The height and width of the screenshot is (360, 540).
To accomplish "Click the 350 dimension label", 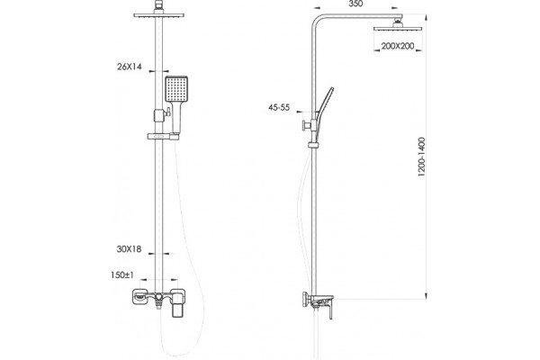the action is (355, 4).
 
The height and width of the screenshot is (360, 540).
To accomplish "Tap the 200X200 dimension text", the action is (398, 46).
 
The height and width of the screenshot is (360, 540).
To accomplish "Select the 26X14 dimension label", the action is (130, 67).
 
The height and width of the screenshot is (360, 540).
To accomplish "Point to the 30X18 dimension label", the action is (129, 248).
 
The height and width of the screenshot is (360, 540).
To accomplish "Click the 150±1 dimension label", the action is (122, 274).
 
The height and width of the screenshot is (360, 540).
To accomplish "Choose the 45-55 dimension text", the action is (279, 107).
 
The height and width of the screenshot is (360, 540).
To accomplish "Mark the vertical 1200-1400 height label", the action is (422, 157).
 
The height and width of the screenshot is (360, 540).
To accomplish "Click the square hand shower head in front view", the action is (176, 89).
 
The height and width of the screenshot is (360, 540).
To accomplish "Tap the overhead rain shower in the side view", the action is (398, 28).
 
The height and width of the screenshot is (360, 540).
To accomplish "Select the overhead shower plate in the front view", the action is (158, 15).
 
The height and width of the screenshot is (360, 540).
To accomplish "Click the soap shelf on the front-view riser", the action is (163, 137).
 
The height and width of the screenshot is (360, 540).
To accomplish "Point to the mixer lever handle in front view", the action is (178, 304).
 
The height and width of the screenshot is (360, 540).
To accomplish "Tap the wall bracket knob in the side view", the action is (304, 125).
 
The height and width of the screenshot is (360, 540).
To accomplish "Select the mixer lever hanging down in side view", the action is (330, 310).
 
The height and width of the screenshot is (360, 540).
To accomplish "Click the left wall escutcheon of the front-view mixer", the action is (140, 297).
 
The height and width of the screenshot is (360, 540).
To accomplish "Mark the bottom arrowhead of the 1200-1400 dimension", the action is (426, 296).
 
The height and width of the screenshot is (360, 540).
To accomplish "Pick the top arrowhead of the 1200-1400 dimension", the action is (426, 18).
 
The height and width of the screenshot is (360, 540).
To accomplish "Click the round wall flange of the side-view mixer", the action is (305, 299).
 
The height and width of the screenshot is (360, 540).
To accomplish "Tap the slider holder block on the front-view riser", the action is (158, 115).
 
